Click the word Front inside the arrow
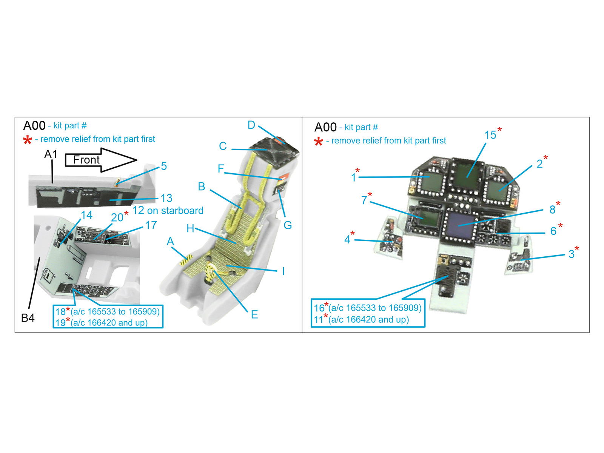[x=86, y=160]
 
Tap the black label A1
[x=51, y=154]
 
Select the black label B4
[x=28, y=318]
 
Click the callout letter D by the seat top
[x=251, y=125]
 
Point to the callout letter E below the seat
[x=254, y=315]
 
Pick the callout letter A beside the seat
[x=170, y=242]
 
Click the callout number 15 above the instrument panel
[x=490, y=135]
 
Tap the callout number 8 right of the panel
[x=552, y=210]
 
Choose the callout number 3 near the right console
[x=572, y=254]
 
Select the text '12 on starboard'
[x=168, y=211]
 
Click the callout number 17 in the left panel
[x=151, y=225]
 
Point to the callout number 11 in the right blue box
[x=318, y=320]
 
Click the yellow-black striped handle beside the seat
[x=186, y=260]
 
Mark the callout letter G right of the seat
[x=288, y=225]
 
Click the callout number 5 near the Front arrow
[x=164, y=166]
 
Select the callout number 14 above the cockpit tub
[x=87, y=215]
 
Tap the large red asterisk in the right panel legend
[x=318, y=141]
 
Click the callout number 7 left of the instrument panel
[x=364, y=200]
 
